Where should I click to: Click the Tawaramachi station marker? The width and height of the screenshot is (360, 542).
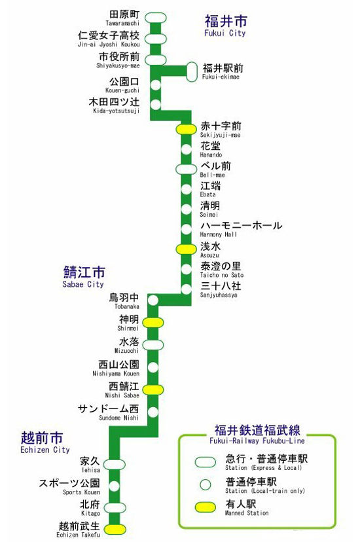click(x=156, y=18)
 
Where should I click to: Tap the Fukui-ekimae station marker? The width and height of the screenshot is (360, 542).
click(x=192, y=72)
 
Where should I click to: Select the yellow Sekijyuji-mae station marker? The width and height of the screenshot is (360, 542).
click(x=187, y=129)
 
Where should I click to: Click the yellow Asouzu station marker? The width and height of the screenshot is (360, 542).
click(x=187, y=249)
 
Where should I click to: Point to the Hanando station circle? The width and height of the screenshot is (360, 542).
click(x=187, y=149)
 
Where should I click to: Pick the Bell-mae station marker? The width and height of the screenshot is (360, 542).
click(x=187, y=170)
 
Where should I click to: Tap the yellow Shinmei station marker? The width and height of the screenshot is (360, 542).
click(x=153, y=323)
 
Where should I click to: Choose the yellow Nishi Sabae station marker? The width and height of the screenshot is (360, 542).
click(x=153, y=389)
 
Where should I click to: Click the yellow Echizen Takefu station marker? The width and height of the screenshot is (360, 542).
click(x=115, y=529)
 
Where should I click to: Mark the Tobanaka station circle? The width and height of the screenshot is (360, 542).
click(x=153, y=300)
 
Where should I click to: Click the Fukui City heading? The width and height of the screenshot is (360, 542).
click(x=226, y=26)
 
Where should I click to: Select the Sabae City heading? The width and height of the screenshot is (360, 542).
click(x=84, y=277)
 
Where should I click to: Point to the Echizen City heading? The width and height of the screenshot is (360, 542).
click(x=45, y=443)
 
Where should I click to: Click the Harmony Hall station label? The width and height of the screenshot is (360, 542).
click(x=241, y=230)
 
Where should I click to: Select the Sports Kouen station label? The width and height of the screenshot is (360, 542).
click(x=69, y=486)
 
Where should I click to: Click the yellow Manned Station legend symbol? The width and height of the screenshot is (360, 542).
click(x=206, y=507)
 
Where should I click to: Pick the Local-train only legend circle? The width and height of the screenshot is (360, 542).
click(x=206, y=484)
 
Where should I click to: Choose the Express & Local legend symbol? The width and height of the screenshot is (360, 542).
click(x=206, y=462)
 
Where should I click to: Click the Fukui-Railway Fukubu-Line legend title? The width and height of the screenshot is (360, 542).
click(x=257, y=435)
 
